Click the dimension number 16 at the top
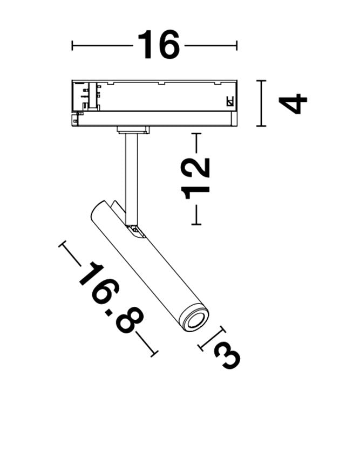click(159, 44)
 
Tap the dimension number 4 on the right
click(293, 104)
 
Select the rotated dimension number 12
click(195, 178)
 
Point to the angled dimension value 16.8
click(111, 298)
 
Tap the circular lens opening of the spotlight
click(195, 320)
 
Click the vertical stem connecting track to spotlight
click(131, 179)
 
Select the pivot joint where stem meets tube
click(136, 231)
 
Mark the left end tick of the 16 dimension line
click(72, 45)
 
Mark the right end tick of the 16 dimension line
click(236, 45)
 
